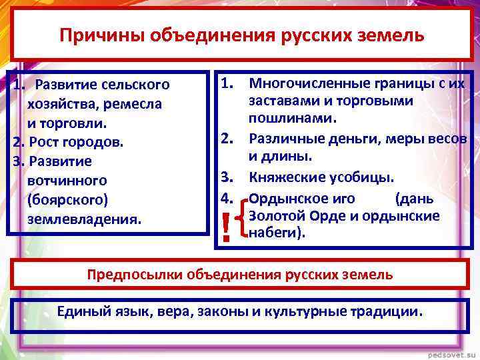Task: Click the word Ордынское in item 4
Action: pyautogui.click(x=283, y=198)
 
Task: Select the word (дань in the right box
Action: pyautogui.click(x=414, y=198)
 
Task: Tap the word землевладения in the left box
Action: pyautogui.click(x=84, y=219)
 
